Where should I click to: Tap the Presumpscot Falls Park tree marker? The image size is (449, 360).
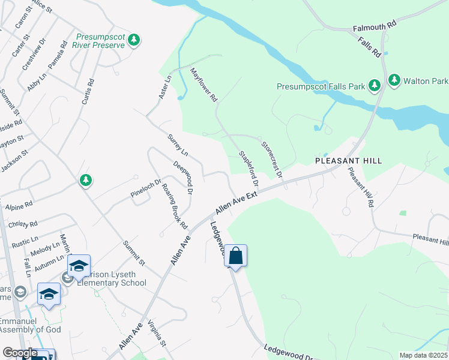[x=375, y=86]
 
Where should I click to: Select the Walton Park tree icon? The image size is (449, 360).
[x=394, y=80]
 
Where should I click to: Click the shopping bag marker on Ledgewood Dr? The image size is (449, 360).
[x=236, y=256]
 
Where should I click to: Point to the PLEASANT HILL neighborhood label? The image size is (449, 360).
[x=348, y=161]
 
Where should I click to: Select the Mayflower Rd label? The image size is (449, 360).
[x=203, y=85]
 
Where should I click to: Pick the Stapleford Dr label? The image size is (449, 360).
[x=249, y=167]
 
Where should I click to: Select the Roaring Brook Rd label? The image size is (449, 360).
[x=175, y=206]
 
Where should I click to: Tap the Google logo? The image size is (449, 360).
[x=20, y=353]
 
